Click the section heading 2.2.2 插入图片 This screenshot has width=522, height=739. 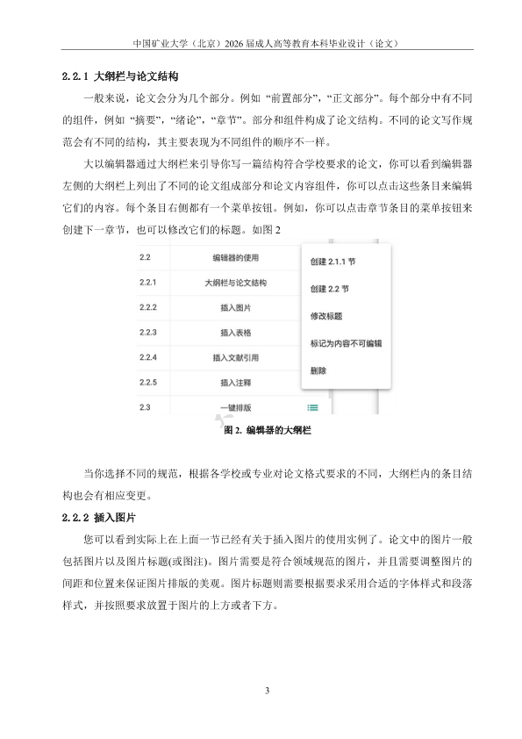pyautogui.click(x=104, y=518)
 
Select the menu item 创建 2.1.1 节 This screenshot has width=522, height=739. pyautogui.click(x=332, y=262)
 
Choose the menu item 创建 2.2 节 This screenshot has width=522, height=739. pyautogui.click(x=329, y=289)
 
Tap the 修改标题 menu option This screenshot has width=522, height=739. pyautogui.click(x=326, y=316)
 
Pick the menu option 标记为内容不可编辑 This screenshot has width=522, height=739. pyautogui.click(x=346, y=343)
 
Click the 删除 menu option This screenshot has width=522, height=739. pyautogui.click(x=318, y=370)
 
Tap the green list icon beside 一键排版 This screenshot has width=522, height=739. pyautogui.click(x=313, y=407)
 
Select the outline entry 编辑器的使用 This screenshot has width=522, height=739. pyautogui.click(x=236, y=258)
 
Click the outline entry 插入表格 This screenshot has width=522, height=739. pyautogui.click(x=236, y=333)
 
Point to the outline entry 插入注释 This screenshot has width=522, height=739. pyautogui.click(x=236, y=383)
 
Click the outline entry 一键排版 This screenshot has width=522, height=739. pyautogui.click(x=236, y=407)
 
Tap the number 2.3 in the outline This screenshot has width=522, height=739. pyautogui.click(x=145, y=407)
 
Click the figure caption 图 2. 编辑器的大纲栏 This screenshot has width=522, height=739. pyautogui.click(x=268, y=431)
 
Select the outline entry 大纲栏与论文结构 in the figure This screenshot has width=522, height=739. pyautogui.click(x=236, y=283)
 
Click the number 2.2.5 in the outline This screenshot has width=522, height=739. pyautogui.click(x=147, y=383)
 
